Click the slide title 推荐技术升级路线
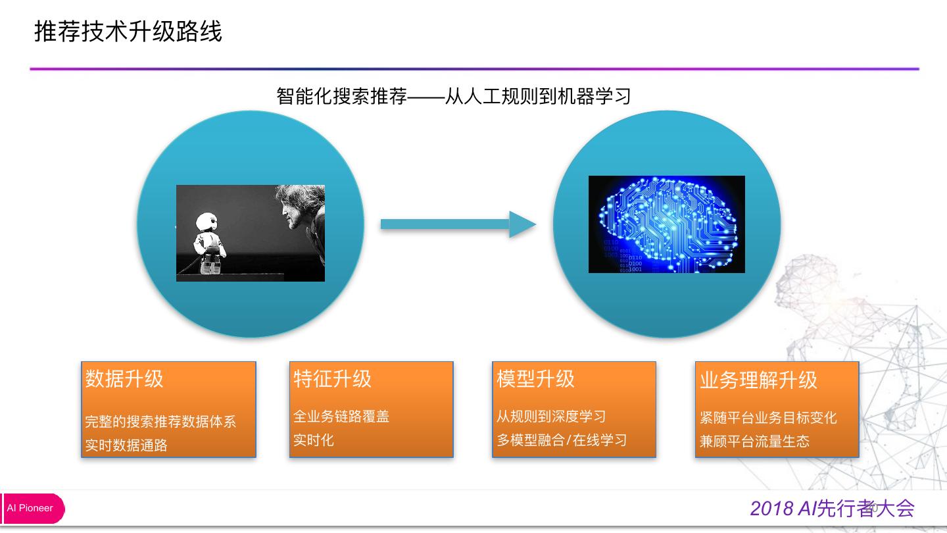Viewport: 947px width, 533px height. click(x=128, y=32)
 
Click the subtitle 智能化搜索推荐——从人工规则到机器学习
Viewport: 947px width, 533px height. click(x=454, y=96)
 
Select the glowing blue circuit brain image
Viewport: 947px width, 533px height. click(x=666, y=224)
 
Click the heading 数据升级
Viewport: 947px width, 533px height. click(x=124, y=379)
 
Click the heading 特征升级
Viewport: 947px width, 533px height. click(x=332, y=379)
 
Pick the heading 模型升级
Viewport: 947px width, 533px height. click(x=535, y=379)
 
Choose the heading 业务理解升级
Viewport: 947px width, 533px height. click(x=758, y=380)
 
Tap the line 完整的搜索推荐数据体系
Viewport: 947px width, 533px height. click(x=160, y=422)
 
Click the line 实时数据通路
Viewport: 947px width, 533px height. click(x=126, y=445)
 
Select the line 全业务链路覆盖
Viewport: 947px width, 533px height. click(x=341, y=417)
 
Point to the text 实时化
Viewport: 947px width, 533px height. click(x=314, y=440)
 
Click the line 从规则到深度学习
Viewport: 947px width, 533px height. click(x=551, y=417)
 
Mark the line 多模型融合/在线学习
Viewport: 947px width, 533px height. click(x=562, y=440)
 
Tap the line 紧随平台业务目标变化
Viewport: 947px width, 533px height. click(x=768, y=418)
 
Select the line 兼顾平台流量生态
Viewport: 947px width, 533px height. click(x=754, y=442)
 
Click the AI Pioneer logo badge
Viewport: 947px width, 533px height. click(x=33, y=508)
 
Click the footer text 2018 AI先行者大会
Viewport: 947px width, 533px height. click(x=832, y=509)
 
